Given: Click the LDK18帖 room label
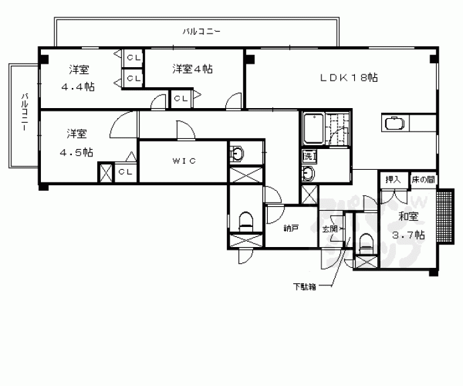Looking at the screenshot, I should click(348, 78).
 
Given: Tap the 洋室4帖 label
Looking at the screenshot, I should click(192, 68).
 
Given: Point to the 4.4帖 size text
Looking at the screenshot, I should click(77, 87).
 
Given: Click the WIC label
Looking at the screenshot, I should click(182, 161).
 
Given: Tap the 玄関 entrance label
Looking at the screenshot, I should click(329, 229).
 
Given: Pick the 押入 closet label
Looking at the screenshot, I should click(393, 179).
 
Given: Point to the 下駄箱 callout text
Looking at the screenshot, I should click(305, 287).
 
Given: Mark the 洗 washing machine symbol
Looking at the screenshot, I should click(308, 156).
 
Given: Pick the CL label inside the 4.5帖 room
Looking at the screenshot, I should click(125, 172).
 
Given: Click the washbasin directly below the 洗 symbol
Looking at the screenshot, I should click(308, 173).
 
